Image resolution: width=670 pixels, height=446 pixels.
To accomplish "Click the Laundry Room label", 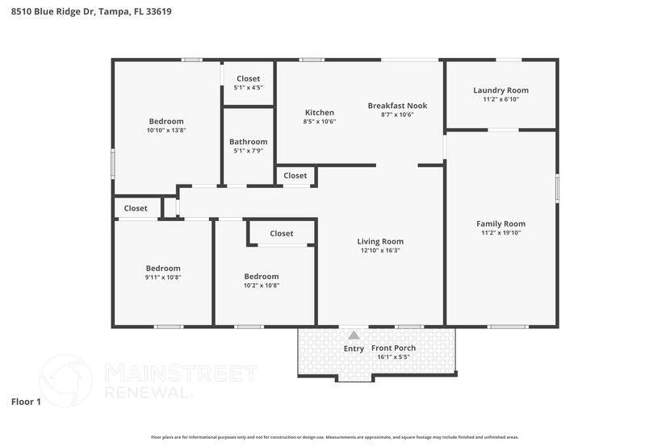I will [x=500, y=90].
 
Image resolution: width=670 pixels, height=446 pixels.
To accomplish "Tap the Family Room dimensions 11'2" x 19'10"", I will [x=500, y=233].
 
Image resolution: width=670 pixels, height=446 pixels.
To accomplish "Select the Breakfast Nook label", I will [x=397, y=106].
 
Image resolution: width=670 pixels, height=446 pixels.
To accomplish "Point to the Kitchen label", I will [x=319, y=112].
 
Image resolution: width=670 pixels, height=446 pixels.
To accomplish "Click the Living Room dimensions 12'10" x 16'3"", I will [x=380, y=251].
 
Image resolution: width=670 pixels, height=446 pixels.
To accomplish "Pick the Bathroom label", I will [x=248, y=142].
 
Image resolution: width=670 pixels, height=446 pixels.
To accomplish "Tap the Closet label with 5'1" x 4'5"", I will [x=248, y=79].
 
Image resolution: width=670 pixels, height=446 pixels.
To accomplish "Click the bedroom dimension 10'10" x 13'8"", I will [x=165, y=131].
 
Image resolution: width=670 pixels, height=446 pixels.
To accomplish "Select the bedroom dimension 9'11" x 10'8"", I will [x=163, y=277].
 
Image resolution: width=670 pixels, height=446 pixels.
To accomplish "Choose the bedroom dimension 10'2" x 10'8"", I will [x=262, y=286].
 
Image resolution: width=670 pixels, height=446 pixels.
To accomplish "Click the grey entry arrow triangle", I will [x=354, y=335].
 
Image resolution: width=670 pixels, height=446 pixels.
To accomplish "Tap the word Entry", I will [x=354, y=348].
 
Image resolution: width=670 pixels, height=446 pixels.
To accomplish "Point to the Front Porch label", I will [x=393, y=348].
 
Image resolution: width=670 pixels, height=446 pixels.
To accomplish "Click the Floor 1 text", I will [x=26, y=401].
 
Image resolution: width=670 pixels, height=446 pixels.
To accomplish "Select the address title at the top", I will [x=90, y=12].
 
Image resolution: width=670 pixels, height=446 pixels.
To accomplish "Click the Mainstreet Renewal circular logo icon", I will [x=66, y=381].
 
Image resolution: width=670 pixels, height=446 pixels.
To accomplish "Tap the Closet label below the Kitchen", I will [x=295, y=176].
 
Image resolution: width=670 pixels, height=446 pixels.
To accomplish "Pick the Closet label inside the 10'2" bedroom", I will [x=281, y=234].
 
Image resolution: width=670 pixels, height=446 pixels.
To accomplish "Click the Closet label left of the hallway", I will [x=136, y=208].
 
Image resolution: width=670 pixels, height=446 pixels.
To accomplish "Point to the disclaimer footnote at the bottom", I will [x=334, y=437].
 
